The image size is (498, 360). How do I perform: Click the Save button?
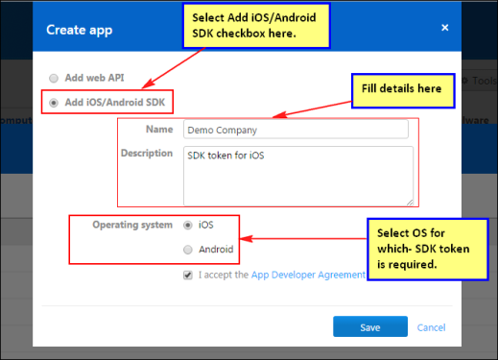tap(370, 326)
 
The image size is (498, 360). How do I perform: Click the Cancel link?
tap(431, 327)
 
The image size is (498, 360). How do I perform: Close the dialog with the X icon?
tap(445, 28)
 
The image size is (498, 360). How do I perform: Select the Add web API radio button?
tap(54, 78)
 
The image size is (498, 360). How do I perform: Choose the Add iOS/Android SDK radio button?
tap(54, 103)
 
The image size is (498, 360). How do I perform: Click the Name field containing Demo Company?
tap(296, 130)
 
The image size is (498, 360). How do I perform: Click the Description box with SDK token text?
tap(298, 176)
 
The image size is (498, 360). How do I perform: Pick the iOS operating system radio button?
tap(188, 226)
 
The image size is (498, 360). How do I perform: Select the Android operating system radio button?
tap(188, 250)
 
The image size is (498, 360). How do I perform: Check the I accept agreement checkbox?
tap(188, 275)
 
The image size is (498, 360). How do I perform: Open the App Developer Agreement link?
tap(308, 275)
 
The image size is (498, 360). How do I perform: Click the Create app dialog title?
tap(80, 30)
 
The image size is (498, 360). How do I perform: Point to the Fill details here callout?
tap(403, 91)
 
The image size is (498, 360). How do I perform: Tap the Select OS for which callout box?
tap(428, 250)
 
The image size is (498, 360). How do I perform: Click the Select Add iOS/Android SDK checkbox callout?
tap(256, 26)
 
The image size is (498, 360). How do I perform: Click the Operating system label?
tap(132, 225)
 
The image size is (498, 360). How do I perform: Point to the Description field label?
tap(147, 153)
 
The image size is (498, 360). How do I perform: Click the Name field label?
tap(159, 129)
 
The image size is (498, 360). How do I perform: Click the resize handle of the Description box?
tap(410, 203)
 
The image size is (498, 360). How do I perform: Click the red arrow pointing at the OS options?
tap(303, 238)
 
